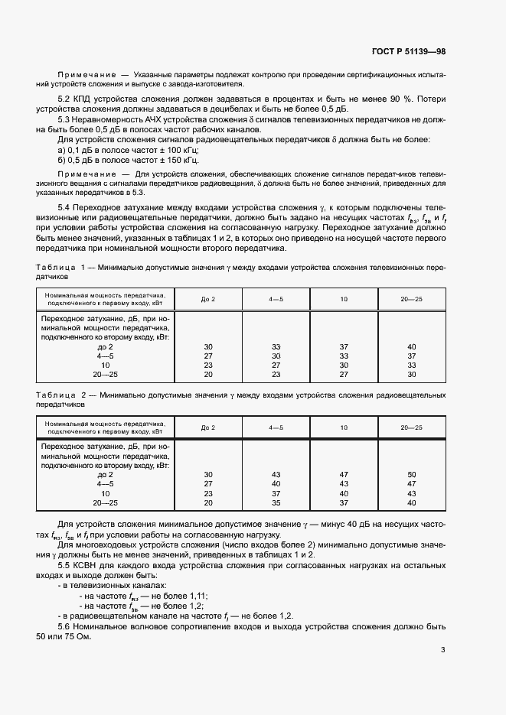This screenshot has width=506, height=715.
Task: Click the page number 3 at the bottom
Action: click(442, 650)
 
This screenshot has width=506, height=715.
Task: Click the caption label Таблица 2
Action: click(60, 395)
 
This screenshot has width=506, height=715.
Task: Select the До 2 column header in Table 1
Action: click(208, 299)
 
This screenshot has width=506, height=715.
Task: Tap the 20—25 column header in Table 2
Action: click(411, 427)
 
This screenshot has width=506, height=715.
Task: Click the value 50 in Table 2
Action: click(411, 474)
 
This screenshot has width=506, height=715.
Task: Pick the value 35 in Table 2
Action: click(276, 502)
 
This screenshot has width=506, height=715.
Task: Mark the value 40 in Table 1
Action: click(411, 346)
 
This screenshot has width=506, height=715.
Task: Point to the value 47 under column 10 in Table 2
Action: click(344, 474)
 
